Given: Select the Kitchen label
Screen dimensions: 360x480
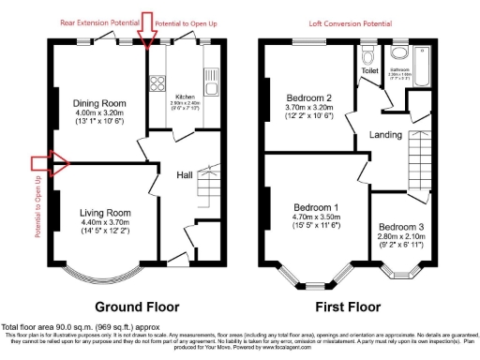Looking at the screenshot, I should (182, 96).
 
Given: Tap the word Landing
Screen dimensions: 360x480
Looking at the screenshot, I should (385, 135).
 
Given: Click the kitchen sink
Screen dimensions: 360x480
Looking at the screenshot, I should (211, 75).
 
